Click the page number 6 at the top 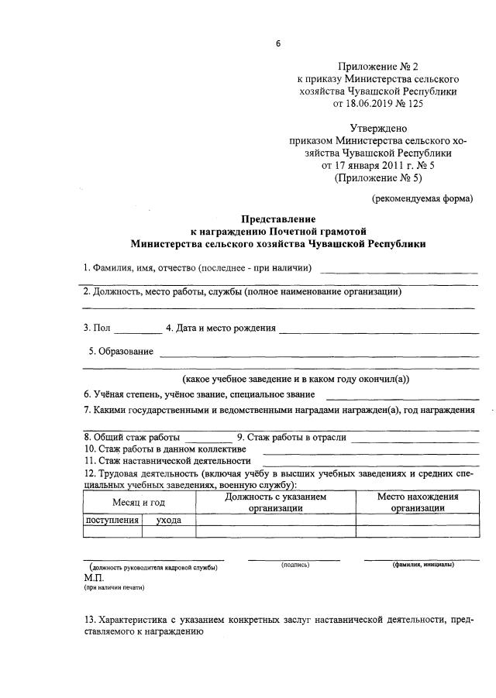coord(278,43)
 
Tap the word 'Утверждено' coord(378,128)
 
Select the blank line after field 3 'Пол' coord(139,329)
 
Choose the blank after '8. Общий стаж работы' coord(208,437)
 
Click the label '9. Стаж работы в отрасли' coord(291,437)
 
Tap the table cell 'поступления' coord(112,521)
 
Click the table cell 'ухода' coord(168,521)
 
